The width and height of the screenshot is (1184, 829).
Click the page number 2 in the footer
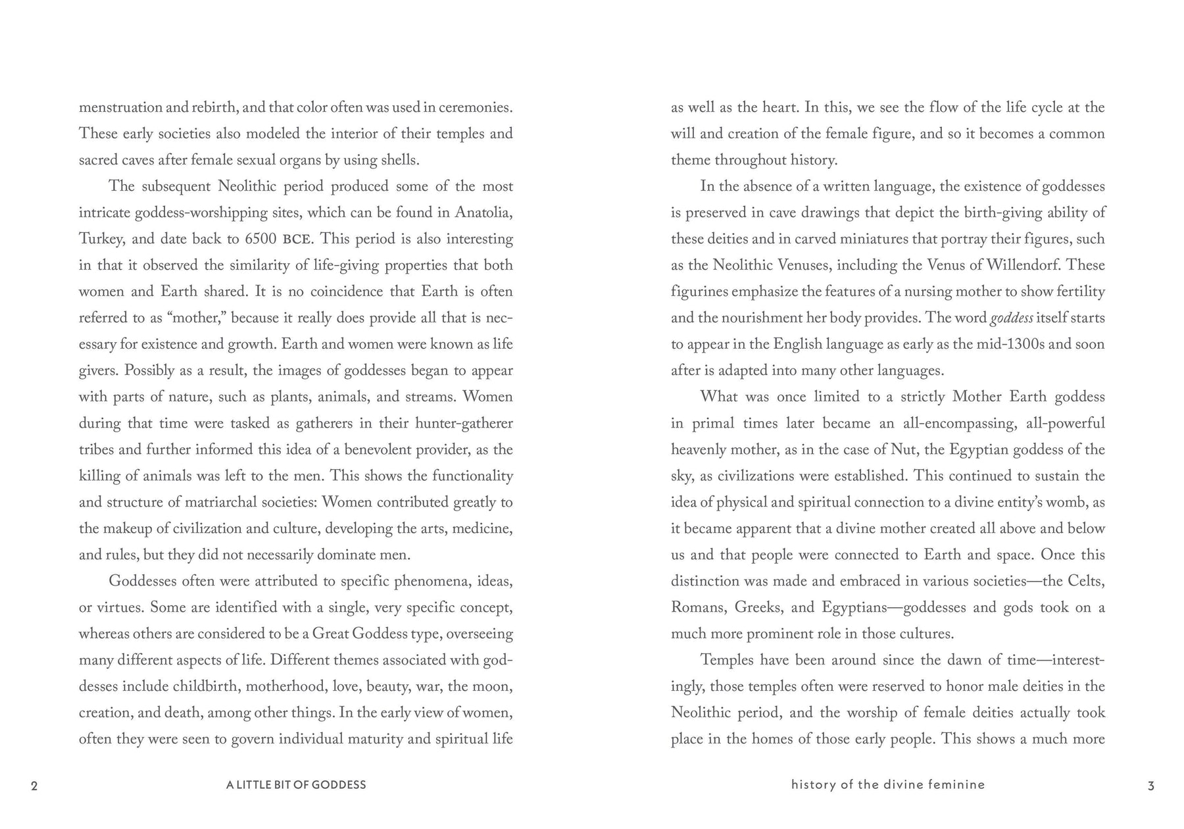click(x=34, y=786)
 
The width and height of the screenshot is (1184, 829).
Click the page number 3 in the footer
click(x=1150, y=786)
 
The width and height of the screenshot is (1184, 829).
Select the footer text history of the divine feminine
click(x=888, y=785)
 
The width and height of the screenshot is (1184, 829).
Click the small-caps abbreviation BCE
click(x=296, y=239)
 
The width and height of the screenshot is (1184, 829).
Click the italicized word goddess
click(x=1011, y=318)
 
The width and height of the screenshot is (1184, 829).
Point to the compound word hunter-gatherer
click(x=464, y=423)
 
